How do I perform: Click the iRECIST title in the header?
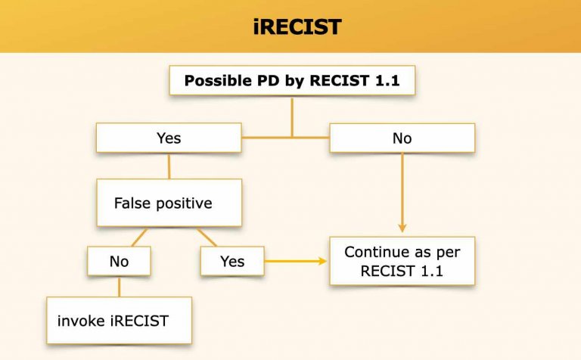point(297,27)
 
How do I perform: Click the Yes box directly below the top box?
point(169,138)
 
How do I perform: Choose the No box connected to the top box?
point(402,138)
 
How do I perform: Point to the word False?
point(132,203)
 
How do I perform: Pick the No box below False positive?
point(119,262)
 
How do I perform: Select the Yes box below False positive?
point(232,262)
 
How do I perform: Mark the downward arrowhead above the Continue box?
point(402,228)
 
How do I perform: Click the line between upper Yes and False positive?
point(169,166)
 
